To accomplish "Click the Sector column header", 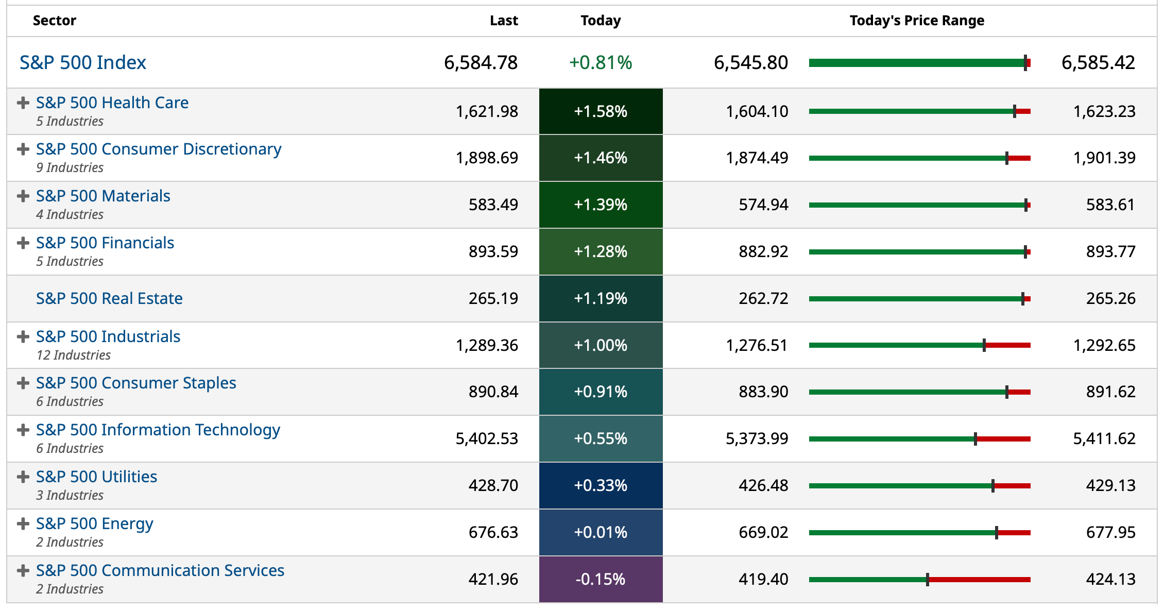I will [x=54, y=21].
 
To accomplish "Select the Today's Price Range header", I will [x=916, y=21].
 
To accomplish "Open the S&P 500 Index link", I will [x=82, y=62].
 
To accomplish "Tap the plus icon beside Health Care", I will [x=23, y=103].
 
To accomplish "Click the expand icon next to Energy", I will [x=23, y=524].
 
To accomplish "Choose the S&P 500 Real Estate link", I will [x=109, y=298].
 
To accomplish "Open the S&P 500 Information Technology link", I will [x=158, y=430].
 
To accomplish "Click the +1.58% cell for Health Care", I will [x=601, y=111].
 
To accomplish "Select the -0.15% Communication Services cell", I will [x=601, y=579].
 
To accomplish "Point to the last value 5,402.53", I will [x=487, y=438].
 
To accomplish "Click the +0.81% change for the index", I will [x=601, y=62].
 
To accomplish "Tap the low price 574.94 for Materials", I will [x=763, y=205].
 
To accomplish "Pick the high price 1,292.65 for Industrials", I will [x=1104, y=345].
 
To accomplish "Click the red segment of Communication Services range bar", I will [x=979, y=580].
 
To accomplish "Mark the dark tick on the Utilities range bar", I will [x=993, y=486].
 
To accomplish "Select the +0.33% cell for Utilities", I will [x=601, y=485].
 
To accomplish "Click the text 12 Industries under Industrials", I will [x=73, y=355].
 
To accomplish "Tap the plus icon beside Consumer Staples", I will [x=23, y=383].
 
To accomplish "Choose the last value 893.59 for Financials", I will [x=493, y=251].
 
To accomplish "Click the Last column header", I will [x=503, y=21].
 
